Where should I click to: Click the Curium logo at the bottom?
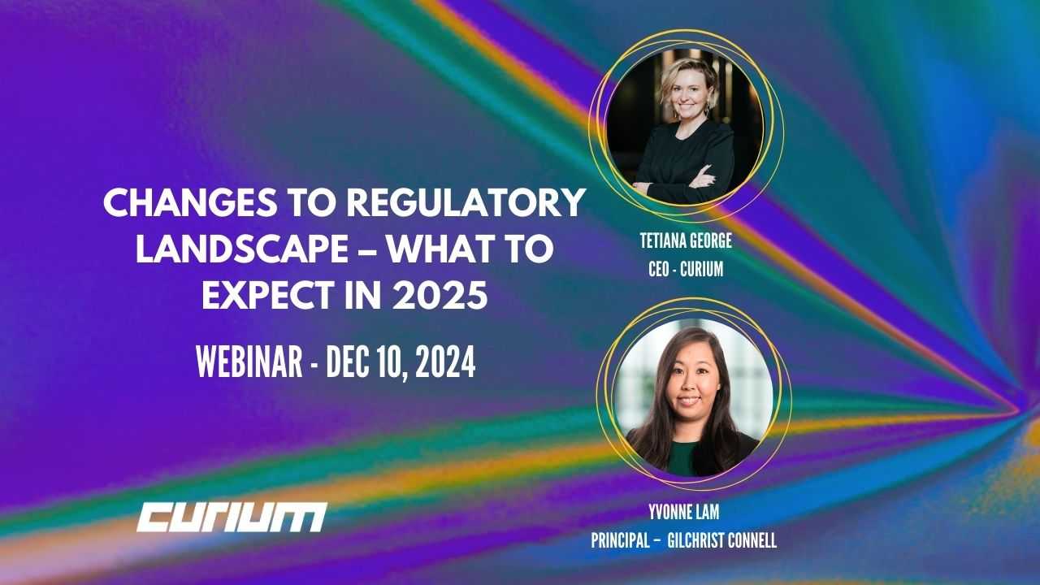[x=232, y=517]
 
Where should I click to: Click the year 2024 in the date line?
[x=445, y=364]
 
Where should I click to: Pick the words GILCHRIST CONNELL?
[x=721, y=540]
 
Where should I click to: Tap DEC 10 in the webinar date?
[x=366, y=364]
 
